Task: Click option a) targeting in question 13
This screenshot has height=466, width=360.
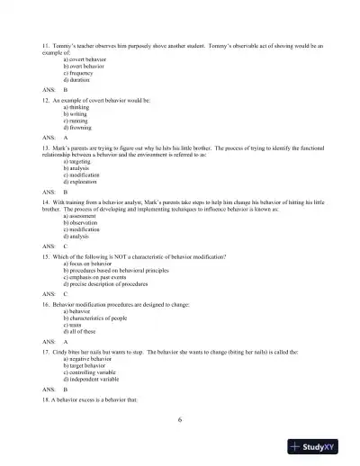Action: (78, 160)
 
